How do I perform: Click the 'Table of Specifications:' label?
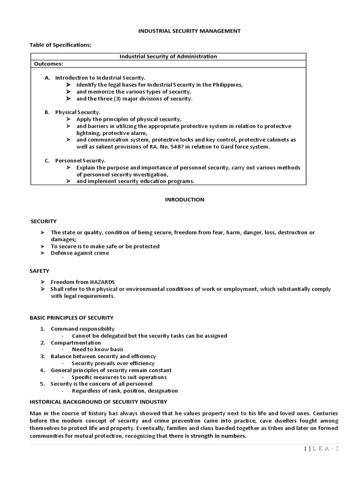coord(60,45)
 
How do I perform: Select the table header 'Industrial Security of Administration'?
coord(168,56)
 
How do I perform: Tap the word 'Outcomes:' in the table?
coord(48,64)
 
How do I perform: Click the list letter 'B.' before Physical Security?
coord(47,112)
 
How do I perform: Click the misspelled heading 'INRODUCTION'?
coord(184,199)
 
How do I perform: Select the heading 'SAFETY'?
coord(40,271)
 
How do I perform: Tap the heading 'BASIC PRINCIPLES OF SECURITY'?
coord(71,317)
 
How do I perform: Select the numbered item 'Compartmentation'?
coord(75,343)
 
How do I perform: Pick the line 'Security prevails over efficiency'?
coord(113,363)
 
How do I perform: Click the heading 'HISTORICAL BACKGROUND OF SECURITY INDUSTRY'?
coord(98,402)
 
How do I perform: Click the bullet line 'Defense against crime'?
coord(80,253)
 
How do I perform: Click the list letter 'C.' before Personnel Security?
coord(47,161)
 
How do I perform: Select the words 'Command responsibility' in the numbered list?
coord(82,329)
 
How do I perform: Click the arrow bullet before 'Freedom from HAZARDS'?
coord(42,282)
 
